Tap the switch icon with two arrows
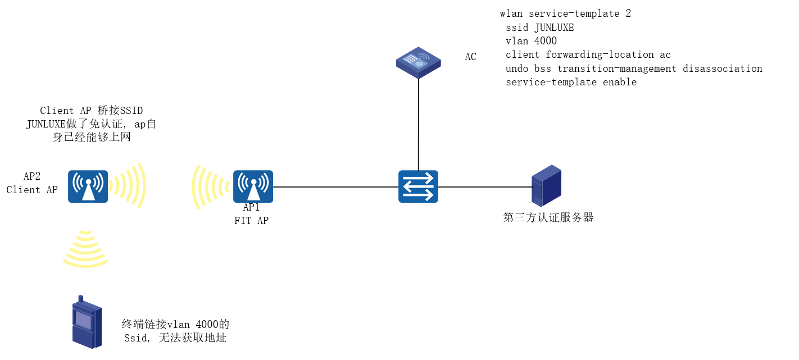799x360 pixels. pyautogui.click(x=418, y=186)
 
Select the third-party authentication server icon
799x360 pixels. pyautogui.click(x=546, y=185)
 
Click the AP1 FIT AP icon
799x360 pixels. pyautogui.click(x=253, y=186)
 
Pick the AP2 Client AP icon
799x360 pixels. pyautogui.click(x=88, y=186)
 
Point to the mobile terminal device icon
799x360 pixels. pyautogui.click(x=86, y=321)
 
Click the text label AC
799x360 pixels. pyautogui.click(x=470, y=57)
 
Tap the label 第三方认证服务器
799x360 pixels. pyautogui.click(x=548, y=217)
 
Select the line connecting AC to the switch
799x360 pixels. pyautogui.click(x=418, y=124)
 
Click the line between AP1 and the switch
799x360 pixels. pyautogui.click(x=336, y=186)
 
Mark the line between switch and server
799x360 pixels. pyautogui.click(x=484, y=186)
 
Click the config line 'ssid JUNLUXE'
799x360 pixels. pyautogui.click(x=539, y=28)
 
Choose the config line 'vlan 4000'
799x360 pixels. pyautogui.click(x=531, y=41)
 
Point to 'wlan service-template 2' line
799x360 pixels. pyautogui.click(x=565, y=13)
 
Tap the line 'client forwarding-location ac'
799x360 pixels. pyautogui.click(x=588, y=54)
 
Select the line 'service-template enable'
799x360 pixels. pyautogui.click(x=571, y=82)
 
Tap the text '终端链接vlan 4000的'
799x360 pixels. pyautogui.click(x=175, y=325)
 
